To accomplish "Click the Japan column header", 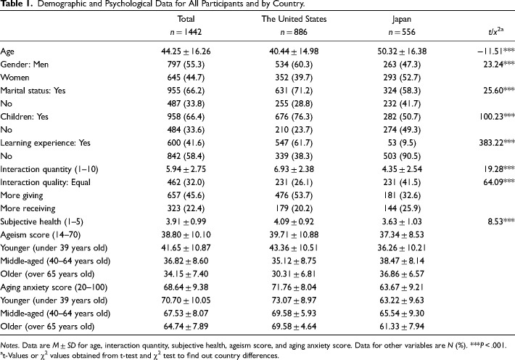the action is (401, 19).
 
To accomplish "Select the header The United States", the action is (294, 19).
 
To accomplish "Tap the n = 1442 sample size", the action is (186, 32).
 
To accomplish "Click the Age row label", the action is (7, 52).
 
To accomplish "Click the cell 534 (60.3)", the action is (294, 65).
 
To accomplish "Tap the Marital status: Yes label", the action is (33, 91).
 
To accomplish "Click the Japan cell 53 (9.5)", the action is (402, 143).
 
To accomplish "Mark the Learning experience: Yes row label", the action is (45, 143).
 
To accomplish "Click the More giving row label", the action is (22, 196).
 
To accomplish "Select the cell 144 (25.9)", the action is (402, 208).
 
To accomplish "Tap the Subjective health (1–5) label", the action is (42, 221).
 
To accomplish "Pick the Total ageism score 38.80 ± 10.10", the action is (186, 234).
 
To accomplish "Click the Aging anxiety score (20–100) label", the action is (54, 287).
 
